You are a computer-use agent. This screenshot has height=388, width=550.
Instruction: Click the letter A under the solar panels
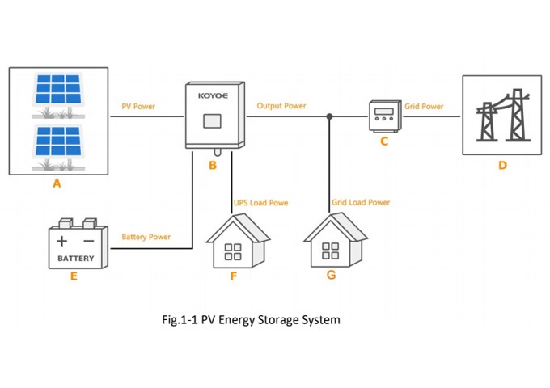(57, 183)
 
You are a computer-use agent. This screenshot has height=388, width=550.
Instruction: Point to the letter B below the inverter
(213, 166)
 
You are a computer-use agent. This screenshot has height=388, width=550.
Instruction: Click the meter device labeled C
(384, 116)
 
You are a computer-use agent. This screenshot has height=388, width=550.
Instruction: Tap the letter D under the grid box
(502, 166)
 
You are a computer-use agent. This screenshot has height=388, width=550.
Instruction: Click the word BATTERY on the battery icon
(75, 259)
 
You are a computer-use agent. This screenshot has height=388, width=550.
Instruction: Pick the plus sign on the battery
(62, 241)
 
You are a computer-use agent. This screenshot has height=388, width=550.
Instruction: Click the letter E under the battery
(74, 276)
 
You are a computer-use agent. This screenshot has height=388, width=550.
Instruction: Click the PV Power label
(138, 106)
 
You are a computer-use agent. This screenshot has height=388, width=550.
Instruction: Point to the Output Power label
(281, 106)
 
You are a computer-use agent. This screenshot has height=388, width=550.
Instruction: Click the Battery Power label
(146, 237)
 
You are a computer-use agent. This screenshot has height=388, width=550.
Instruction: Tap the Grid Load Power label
(361, 202)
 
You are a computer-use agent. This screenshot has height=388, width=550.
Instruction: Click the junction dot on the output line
(329, 116)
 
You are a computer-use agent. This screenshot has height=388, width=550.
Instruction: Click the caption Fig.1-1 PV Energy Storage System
(252, 320)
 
